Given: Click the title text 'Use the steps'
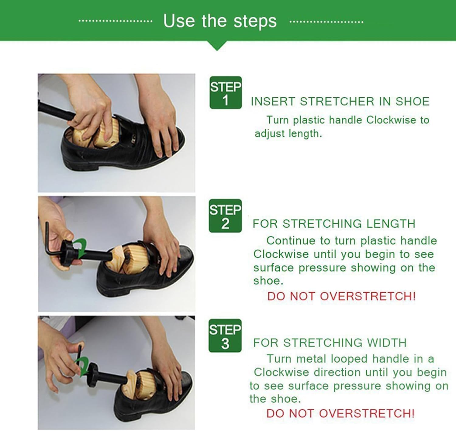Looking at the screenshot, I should coord(220,21).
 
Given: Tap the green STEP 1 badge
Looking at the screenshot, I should coord(225,93).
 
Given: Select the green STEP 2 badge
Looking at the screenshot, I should coord(225,216).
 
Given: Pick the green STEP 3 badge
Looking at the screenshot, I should coord(225,336).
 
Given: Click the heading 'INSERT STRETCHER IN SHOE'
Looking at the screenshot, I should coord(340,101).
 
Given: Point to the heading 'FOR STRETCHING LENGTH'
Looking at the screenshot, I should coord(334,224).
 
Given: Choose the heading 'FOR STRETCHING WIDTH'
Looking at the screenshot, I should coord(330,343).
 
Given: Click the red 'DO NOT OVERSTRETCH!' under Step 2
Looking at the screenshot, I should coord(341,296).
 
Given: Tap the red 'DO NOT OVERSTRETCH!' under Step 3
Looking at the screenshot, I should coord(340,413).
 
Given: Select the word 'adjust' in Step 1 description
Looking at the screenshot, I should coord(270,133).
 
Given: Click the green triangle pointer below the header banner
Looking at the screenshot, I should coord(217,46).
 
